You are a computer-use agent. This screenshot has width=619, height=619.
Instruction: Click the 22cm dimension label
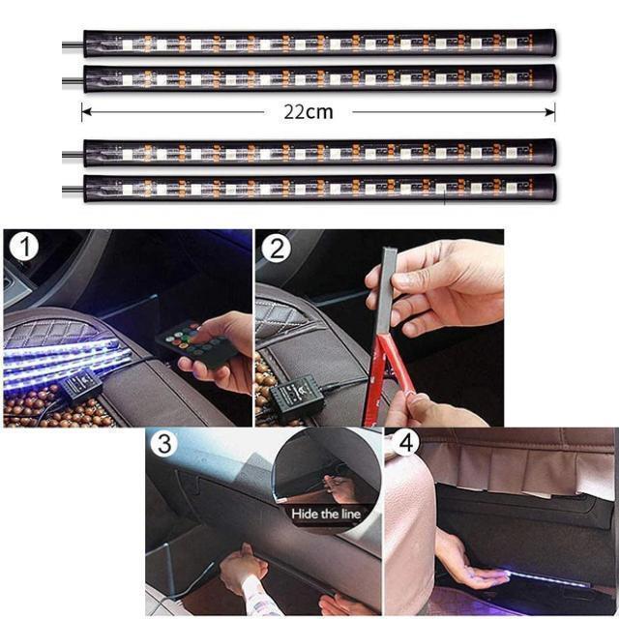click(309, 112)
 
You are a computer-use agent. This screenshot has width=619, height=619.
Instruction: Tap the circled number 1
click(24, 248)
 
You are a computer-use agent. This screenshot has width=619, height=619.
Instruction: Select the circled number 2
click(277, 248)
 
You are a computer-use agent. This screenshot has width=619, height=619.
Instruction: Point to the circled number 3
click(165, 443)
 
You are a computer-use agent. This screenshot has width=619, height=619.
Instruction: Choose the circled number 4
click(406, 443)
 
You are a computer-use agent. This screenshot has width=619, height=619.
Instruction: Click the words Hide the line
click(326, 514)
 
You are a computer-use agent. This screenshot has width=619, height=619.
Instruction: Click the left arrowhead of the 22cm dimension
click(86, 112)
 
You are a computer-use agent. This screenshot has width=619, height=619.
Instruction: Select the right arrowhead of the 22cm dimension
click(550, 112)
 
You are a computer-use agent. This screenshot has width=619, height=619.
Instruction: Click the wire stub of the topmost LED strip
click(74, 45)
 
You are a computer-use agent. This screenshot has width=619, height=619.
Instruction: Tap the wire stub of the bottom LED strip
click(74, 191)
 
